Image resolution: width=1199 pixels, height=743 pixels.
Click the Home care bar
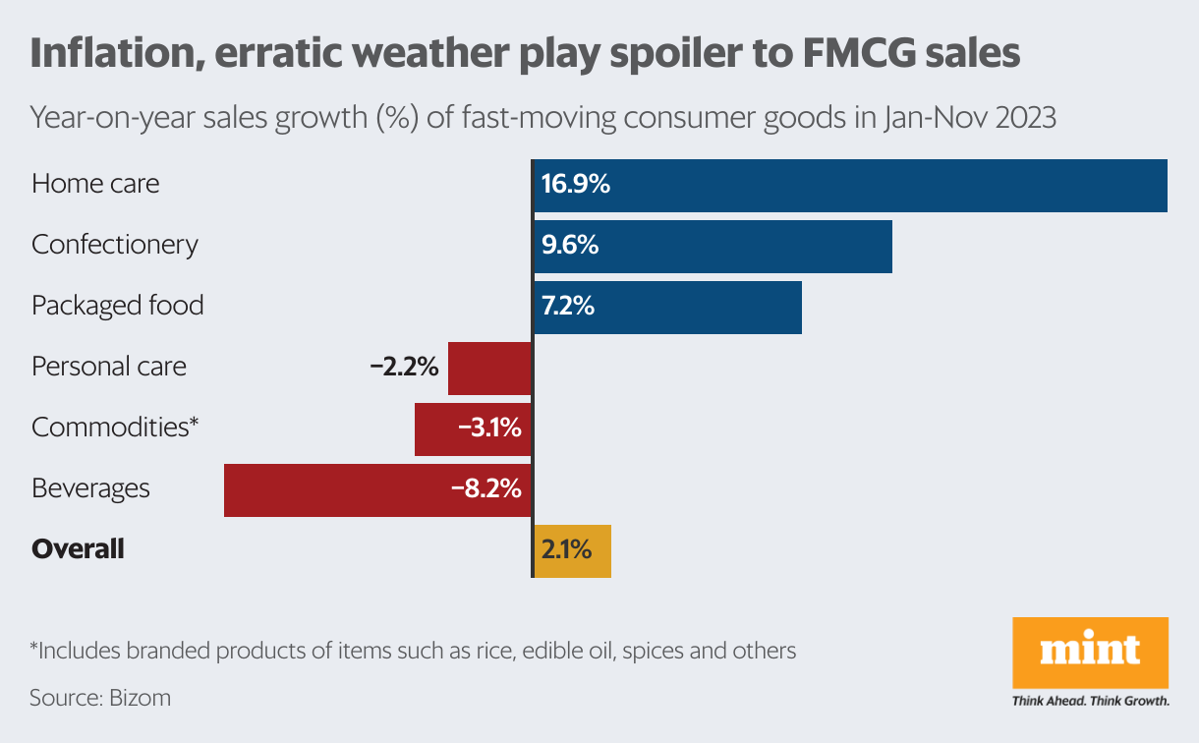pos(850,185)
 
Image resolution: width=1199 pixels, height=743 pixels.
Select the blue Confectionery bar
pos(713,246)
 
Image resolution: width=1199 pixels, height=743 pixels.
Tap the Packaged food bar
pos(667,307)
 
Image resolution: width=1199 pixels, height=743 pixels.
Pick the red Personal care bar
pos(489,368)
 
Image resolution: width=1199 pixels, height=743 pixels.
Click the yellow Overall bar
pos(572,549)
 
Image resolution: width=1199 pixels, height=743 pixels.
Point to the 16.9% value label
pos(576,184)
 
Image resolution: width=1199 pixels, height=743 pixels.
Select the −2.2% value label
pos(403,368)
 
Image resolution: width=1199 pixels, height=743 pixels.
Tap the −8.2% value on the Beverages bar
pos(485,488)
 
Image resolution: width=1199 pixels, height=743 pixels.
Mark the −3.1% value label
pos(488,429)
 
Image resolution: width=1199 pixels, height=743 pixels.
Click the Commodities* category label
pos(115,428)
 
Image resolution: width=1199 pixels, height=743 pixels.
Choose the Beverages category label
pos(90,488)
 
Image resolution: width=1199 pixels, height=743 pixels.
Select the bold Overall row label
pos(78,549)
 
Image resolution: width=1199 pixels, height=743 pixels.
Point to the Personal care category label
pos(109,368)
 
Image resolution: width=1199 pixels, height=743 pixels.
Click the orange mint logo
pos(1090,653)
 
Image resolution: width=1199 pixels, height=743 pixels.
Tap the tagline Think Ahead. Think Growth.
pos(1090,702)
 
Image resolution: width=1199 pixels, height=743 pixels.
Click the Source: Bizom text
pos(100,698)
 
